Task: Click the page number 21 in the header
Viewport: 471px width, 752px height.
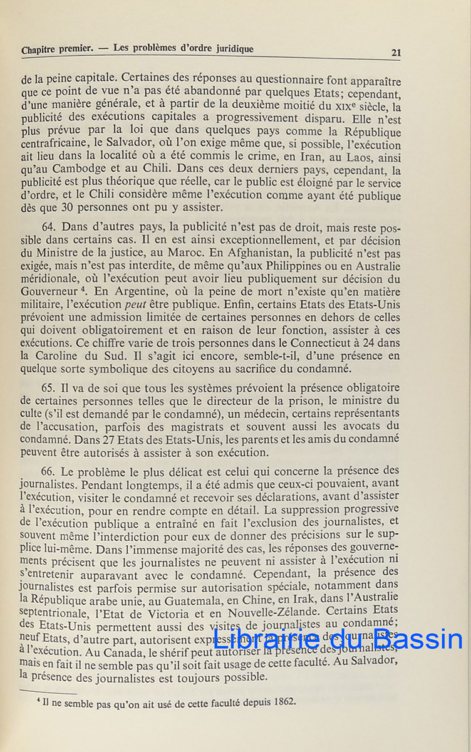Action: [x=395, y=53]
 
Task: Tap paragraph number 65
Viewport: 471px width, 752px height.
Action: [x=49, y=389]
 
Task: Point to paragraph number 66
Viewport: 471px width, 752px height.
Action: [x=49, y=471]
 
